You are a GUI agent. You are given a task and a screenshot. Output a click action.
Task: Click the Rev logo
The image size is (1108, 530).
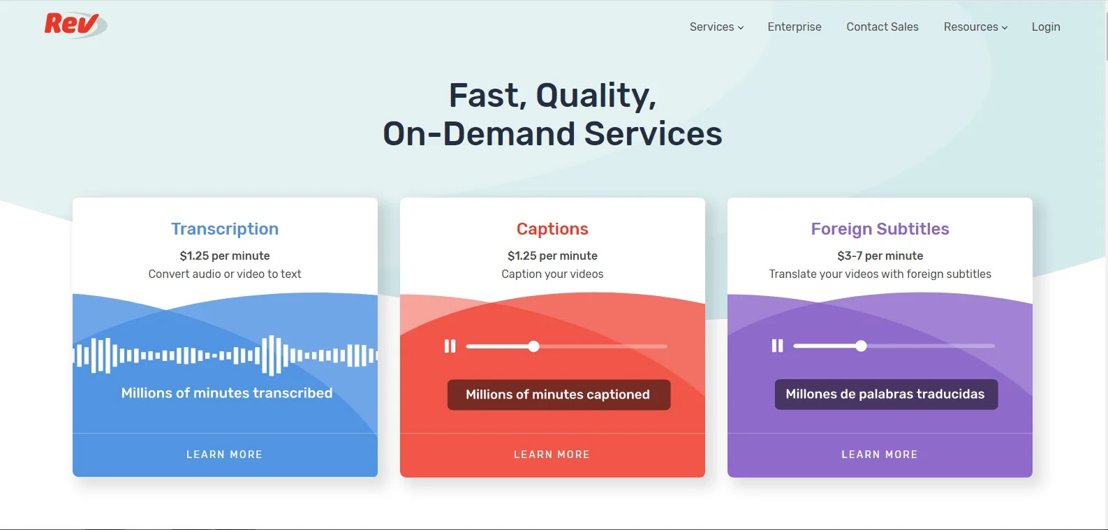[74, 24]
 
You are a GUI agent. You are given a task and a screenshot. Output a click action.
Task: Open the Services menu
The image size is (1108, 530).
[716, 27]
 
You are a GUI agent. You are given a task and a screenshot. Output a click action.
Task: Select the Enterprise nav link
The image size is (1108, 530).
[794, 27]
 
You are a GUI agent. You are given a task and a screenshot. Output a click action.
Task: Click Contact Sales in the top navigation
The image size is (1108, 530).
[882, 27]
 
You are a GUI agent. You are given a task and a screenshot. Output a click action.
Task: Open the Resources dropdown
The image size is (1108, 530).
[975, 27]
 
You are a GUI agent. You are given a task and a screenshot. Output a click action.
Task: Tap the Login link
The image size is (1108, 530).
[1045, 27]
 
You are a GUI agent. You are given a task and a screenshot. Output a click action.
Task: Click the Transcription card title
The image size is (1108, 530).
[225, 229]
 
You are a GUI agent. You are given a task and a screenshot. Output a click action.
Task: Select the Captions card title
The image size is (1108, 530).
[552, 229]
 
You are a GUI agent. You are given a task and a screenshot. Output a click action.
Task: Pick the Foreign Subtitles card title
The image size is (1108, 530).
[880, 229]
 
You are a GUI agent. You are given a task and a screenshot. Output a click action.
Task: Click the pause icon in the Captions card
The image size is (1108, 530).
[450, 346]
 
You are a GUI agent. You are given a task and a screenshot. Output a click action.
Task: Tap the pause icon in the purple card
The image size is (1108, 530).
[777, 346]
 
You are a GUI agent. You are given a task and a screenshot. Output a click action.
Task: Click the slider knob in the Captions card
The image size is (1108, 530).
[534, 346]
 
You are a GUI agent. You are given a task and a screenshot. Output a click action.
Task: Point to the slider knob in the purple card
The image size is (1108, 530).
[861, 346]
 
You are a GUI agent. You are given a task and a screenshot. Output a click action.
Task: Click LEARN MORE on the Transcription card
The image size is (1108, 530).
[224, 455]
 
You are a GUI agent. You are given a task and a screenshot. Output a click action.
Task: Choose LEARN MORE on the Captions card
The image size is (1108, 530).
[552, 455]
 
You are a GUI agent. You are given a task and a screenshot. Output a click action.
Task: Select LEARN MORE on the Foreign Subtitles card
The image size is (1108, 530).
[879, 455]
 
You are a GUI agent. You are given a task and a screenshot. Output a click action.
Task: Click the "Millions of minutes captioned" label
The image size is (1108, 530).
[558, 395]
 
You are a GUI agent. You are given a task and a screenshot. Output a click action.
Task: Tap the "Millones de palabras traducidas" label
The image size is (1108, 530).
[885, 395]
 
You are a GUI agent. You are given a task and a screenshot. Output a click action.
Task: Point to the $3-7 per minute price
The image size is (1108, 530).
[880, 256]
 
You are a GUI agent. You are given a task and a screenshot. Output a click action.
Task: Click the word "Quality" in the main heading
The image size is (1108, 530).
[595, 96]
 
